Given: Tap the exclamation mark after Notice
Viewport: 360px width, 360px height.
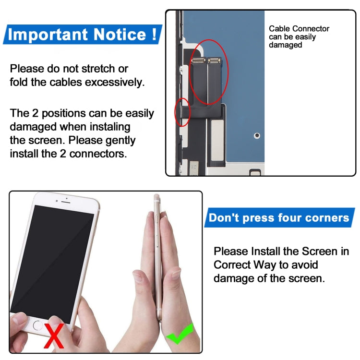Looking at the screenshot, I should tap(153, 34).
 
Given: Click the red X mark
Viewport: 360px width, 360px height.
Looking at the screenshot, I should tap(54, 336).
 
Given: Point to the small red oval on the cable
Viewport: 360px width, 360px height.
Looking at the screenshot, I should tap(182, 112).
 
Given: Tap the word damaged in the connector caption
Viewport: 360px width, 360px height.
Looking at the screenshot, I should tap(285, 45).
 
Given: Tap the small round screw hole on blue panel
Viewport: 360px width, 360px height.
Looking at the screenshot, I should tap(257, 136).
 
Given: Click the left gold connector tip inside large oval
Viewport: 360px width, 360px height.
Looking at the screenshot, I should tap(198, 60).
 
